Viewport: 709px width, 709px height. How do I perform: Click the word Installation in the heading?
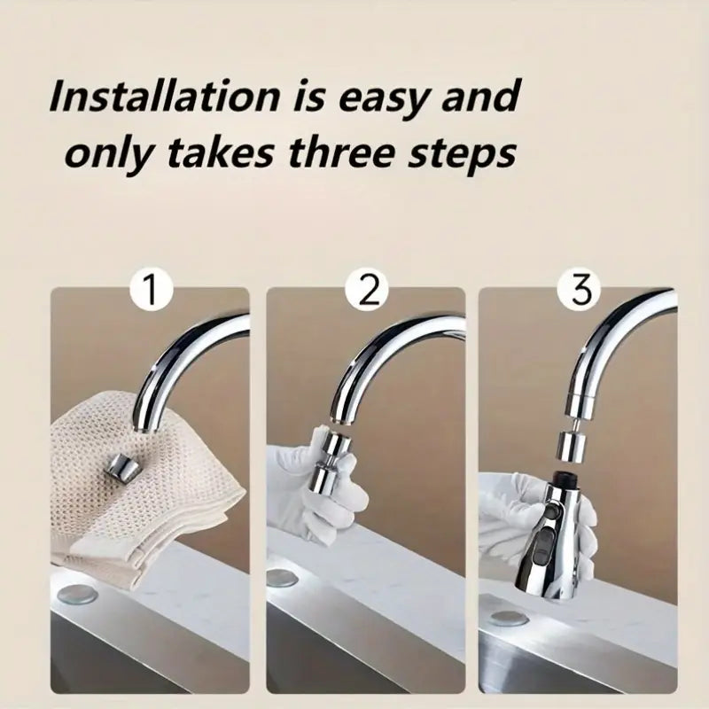point(165,97)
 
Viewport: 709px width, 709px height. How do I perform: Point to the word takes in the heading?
point(220,152)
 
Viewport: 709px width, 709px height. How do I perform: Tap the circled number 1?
point(151,290)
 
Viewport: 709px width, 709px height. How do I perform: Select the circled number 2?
point(368,290)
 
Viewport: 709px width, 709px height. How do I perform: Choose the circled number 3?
point(581,290)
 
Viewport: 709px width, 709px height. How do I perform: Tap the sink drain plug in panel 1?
point(79,594)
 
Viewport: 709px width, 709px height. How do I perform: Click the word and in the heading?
point(480,97)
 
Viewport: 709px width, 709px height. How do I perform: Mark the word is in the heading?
point(309,97)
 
